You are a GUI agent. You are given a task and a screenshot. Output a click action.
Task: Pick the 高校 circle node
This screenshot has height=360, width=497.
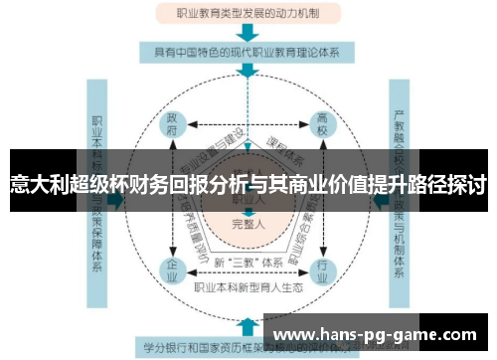coord(324,125)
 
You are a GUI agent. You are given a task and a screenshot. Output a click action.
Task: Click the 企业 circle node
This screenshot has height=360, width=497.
coord(172,269)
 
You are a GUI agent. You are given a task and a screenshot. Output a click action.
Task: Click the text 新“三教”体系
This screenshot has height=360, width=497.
coord(248,262)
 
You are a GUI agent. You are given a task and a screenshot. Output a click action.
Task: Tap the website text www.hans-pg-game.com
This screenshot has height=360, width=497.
coord(374,335)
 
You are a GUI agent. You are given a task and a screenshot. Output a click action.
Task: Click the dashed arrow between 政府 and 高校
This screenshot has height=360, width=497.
coord(248,126)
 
